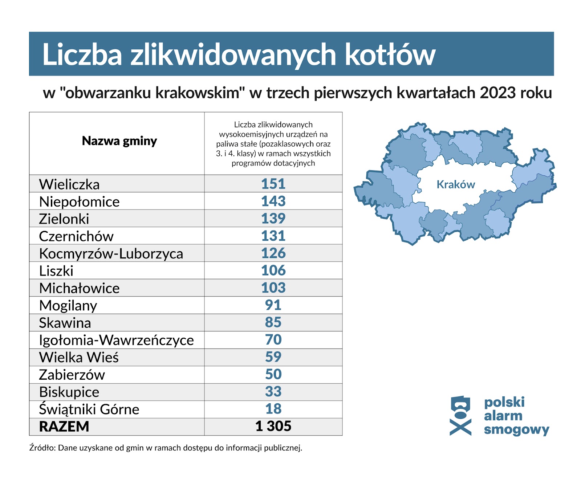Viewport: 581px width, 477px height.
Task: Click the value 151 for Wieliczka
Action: pos(273,184)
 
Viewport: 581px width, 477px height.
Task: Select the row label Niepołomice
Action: pos(79,201)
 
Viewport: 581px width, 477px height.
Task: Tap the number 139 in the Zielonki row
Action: pos(273,219)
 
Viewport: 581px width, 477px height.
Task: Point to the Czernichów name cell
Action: pos(76,236)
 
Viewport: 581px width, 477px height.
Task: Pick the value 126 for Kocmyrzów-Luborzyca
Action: pos(273,253)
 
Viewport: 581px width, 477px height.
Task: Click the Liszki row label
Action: pos(56,271)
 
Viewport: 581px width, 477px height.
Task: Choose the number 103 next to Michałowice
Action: pos(273,288)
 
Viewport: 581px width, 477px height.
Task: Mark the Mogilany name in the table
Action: pos(68,306)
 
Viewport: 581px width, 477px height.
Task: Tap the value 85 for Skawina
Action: pos(273,322)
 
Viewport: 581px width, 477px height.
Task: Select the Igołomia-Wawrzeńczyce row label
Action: pos(116,340)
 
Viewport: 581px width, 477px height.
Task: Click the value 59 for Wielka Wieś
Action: pos(273,357)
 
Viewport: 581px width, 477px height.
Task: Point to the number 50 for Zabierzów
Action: pos(273,374)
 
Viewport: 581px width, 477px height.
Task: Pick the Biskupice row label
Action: pos(69,392)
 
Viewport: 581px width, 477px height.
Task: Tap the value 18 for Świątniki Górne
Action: pos(273,409)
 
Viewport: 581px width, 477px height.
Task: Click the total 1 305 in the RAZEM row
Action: pos(273,426)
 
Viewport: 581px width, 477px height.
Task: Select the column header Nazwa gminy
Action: pos(119,141)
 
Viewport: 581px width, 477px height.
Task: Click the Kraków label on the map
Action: pos(456,184)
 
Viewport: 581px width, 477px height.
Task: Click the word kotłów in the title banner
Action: pos(390,55)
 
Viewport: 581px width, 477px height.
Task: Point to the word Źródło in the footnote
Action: pos(42,448)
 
